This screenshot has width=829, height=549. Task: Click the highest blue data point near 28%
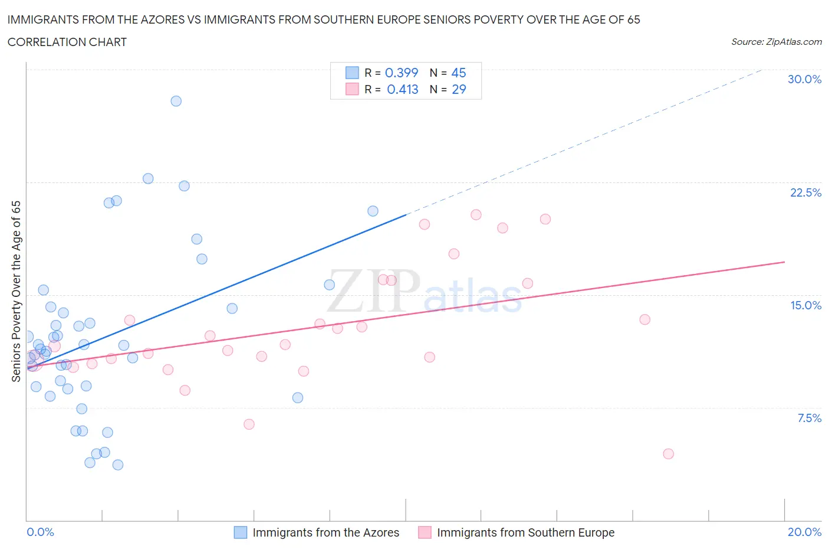pyautogui.click(x=176, y=101)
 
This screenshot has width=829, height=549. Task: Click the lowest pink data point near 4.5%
pyautogui.click(x=668, y=454)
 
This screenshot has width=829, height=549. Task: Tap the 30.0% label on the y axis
pyautogui.click(x=804, y=79)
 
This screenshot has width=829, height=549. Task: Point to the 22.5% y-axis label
pyautogui.click(x=805, y=192)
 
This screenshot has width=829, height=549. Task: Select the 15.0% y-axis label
pyautogui.click(x=805, y=305)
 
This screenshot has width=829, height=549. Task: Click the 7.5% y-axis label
pyautogui.click(x=809, y=418)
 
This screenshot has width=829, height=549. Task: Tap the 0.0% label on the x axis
pyautogui.click(x=40, y=532)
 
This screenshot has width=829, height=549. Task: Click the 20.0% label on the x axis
pyautogui.click(x=804, y=532)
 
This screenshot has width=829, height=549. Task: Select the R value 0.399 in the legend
pyautogui.click(x=401, y=73)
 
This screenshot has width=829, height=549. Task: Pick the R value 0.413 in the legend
pyautogui.click(x=402, y=89)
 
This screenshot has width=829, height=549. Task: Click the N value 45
pyautogui.click(x=458, y=73)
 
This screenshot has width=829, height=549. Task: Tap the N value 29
pyautogui.click(x=458, y=89)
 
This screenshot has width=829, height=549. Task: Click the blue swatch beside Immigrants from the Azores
pyautogui.click(x=241, y=532)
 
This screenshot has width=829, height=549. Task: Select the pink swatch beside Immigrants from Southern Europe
pyautogui.click(x=425, y=532)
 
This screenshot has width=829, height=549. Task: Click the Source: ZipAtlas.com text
pyautogui.click(x=776, y=41)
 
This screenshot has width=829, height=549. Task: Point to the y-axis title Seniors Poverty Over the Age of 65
pyautogui.click(x=17, y=291)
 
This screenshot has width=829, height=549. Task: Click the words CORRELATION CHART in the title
pyautogui.click(x=67, y=42)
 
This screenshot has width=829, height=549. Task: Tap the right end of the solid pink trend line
pyautogui.click(x=784, y=262)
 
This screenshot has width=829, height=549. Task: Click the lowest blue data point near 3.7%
pyautogui.click(x=118, y=465)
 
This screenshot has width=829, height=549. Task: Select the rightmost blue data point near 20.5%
pyautogui.click(x=373, y=211)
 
